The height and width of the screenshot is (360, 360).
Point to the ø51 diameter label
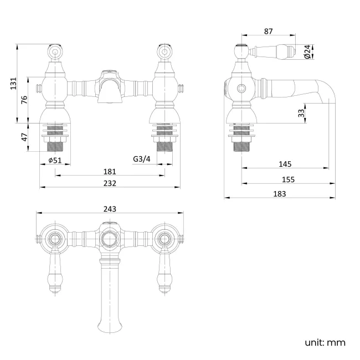click(55, 161)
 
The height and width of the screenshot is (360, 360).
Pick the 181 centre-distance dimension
click(109, 171)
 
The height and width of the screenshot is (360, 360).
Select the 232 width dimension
click(110, 183)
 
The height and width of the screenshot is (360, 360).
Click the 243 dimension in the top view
click(110, 209)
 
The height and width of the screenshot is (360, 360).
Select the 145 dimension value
click(285, 164)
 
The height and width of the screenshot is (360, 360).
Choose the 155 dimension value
click(287, 179)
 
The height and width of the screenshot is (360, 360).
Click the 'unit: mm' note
click(325, 342)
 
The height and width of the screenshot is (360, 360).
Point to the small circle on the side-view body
click(241, 89)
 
